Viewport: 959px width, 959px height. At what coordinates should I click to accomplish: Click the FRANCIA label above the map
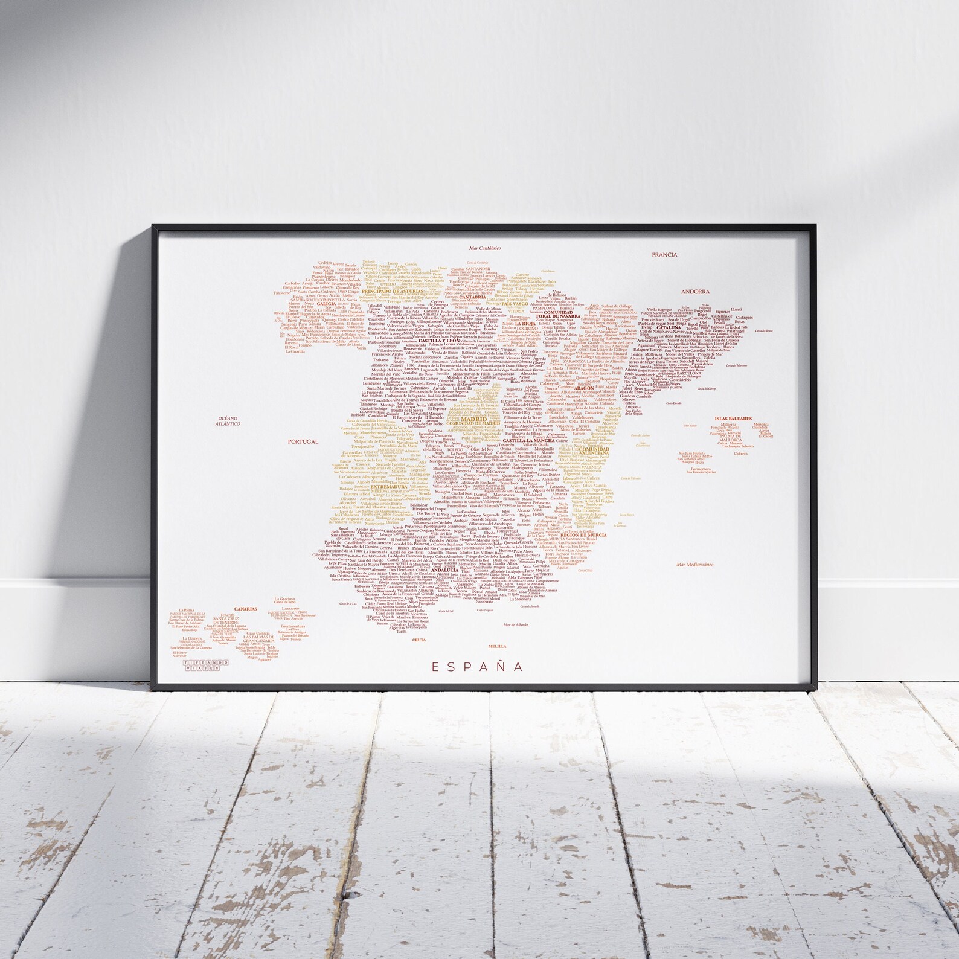(x=664, y=255)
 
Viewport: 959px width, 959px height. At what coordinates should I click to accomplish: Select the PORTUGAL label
(x=303, y=441)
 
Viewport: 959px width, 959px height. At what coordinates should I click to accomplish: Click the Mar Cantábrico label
(x=486, y=248)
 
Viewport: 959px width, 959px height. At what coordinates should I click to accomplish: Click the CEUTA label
(x=419, y=638)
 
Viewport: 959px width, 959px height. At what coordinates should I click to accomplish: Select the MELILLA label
(x=498, y=646)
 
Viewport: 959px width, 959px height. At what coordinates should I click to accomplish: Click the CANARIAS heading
(x=246, y=609)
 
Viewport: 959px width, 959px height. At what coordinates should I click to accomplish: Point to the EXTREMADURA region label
(x=390, y=486)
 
